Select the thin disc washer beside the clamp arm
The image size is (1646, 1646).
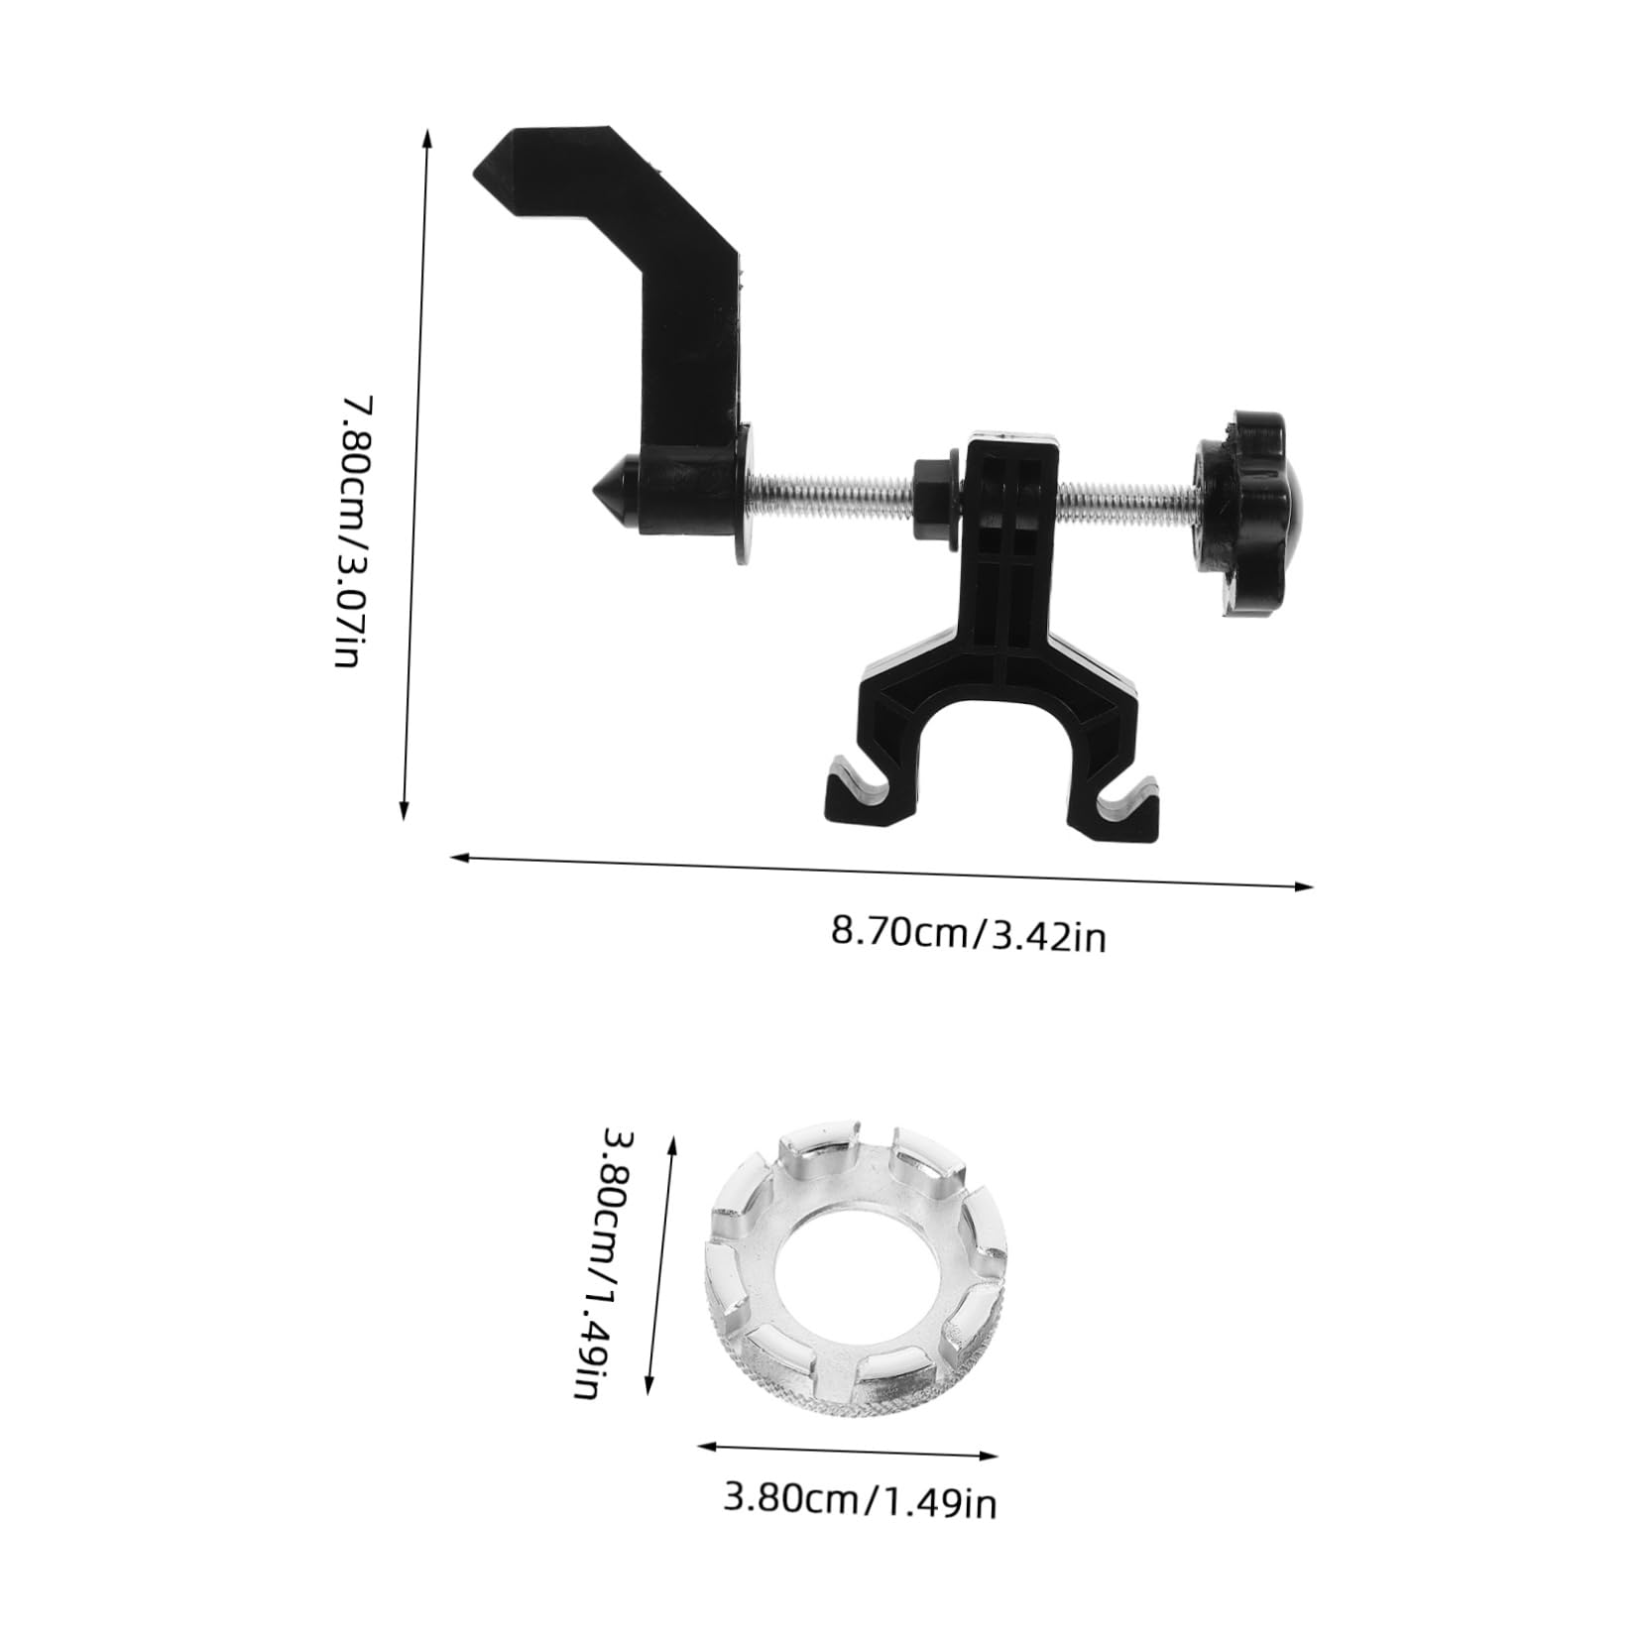pyautogui.click(x=745, y=492)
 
